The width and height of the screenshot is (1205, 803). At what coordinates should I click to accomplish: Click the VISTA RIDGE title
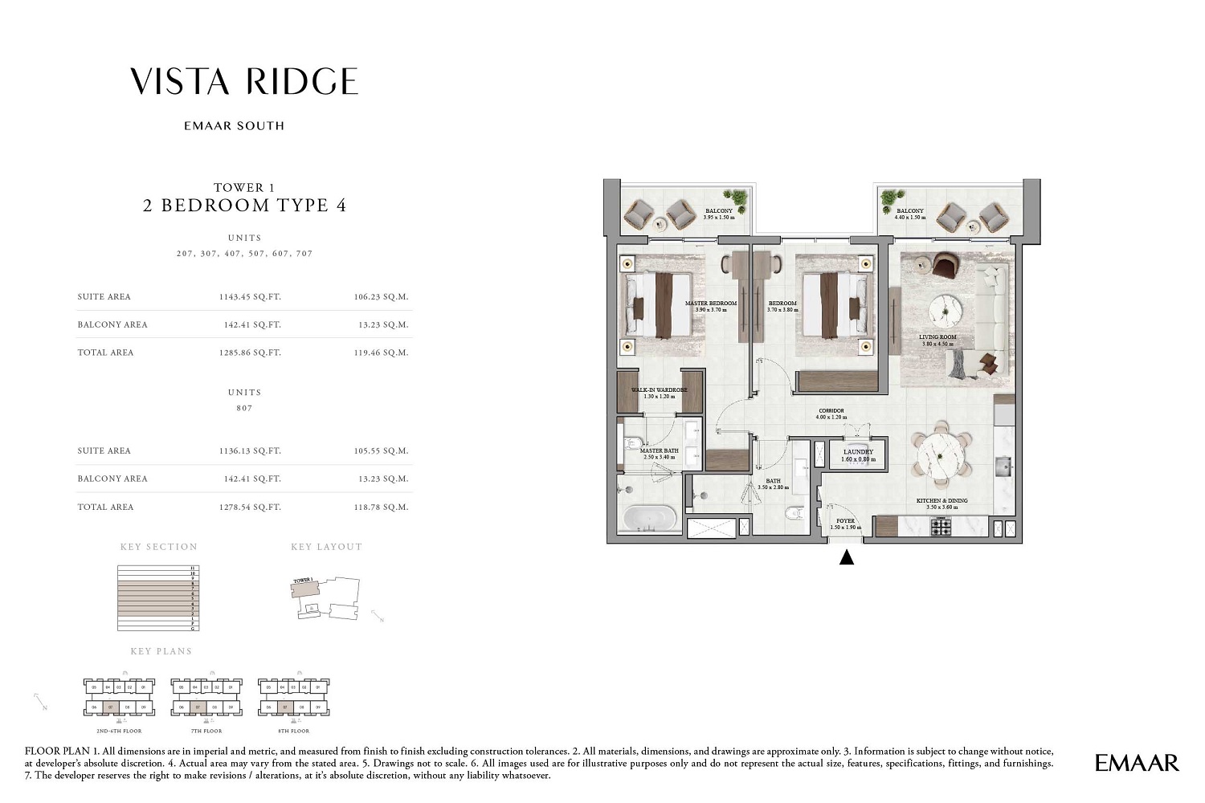(244, 82)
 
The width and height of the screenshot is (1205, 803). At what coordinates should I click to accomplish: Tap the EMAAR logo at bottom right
(1137, 763)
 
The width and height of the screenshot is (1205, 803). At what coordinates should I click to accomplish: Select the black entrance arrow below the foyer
(846, 556)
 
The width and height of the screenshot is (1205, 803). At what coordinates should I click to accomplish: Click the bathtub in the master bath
(650, 518)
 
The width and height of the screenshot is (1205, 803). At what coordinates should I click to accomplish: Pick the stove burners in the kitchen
(941, 527)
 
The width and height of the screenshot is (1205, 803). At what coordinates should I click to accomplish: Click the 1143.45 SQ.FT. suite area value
(250, 297)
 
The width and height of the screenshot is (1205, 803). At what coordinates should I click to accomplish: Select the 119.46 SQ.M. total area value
(381, 353)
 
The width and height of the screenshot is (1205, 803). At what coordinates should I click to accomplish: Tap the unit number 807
(244, 408)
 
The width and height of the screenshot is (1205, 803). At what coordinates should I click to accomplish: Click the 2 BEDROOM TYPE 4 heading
(244, 206)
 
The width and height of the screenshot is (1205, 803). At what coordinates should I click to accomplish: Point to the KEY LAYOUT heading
(326, 547)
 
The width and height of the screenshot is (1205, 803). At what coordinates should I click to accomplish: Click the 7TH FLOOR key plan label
(206, 731)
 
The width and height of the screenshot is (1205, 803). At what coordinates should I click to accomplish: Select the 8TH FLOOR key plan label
(293, 731)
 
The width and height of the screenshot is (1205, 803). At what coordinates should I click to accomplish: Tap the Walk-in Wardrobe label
(659, 393)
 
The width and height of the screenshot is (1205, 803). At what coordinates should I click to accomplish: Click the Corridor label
(831, 414)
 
